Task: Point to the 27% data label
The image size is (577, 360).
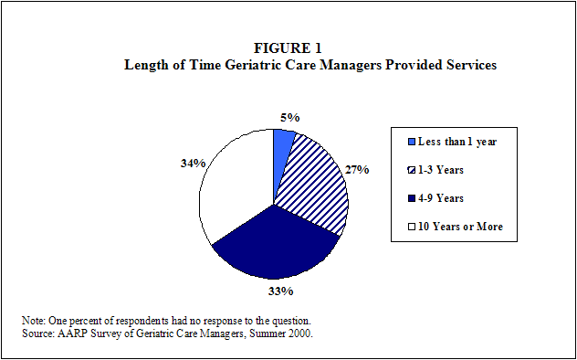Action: pos(357,170)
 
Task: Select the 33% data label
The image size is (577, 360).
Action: pos(281,291)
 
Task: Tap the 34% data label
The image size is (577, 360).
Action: pos(193,164)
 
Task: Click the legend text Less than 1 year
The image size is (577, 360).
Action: pos(457,143)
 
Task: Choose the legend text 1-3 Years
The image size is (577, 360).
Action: pos(440,171)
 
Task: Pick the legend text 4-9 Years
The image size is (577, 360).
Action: pos(440,199)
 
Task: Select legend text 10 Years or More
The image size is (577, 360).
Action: pos(460,227)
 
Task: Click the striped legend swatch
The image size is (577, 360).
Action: pos(413,171)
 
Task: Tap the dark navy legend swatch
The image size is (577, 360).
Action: pos(413,199)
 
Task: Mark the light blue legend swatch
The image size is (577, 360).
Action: pos(413,143)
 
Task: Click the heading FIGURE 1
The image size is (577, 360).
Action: pos(288,48)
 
